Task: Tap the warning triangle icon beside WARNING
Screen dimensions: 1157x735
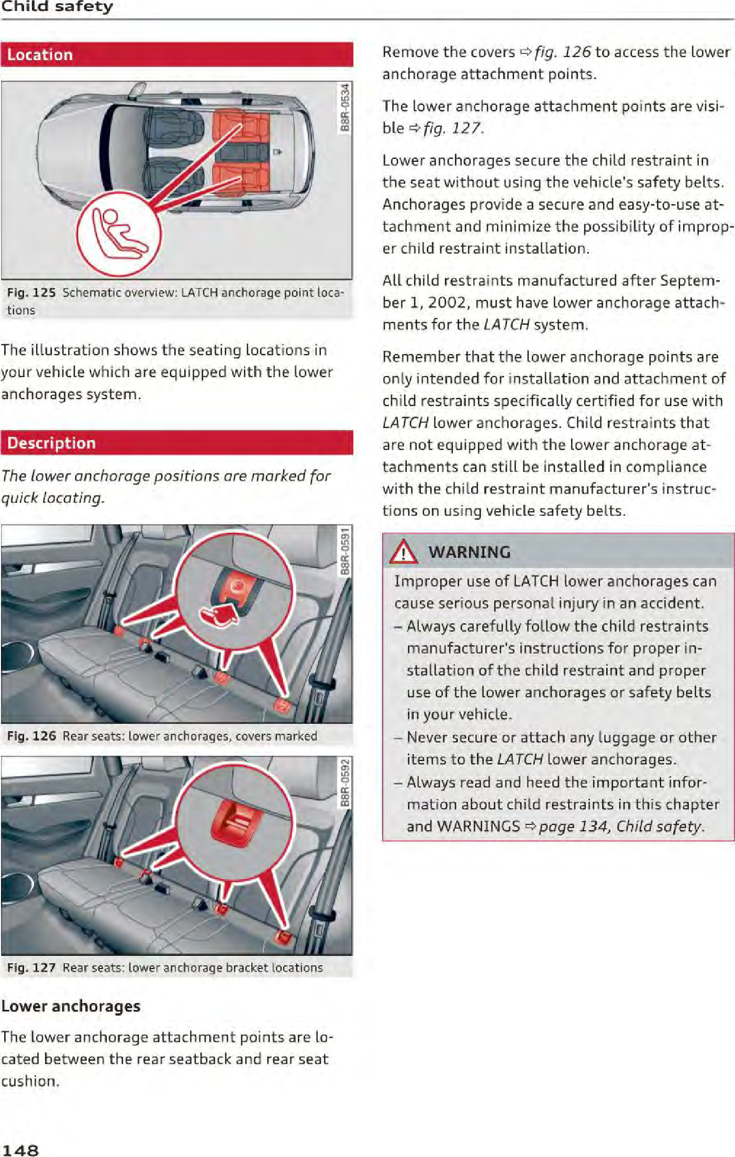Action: pos(403,553)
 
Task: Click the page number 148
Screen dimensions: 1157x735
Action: pos(20,1150)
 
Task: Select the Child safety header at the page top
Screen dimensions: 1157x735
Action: pos(57,7)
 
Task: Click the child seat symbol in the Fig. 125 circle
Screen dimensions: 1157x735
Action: pos(119,234)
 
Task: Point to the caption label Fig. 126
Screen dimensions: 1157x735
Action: pos(31,736)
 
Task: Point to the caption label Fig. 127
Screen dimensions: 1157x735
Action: pos(31,967)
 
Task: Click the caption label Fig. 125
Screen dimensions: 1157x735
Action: pos(31,293)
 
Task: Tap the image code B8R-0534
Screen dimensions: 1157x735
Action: pos(344,107)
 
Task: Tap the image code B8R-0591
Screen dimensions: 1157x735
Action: pos(344,551)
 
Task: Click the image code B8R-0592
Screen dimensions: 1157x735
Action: pos(344,783)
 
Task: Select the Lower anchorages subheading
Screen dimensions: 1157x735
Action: pos(71,1006)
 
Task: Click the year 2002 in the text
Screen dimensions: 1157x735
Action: pos(447,303)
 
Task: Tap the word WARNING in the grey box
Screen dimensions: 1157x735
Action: pos(469,552)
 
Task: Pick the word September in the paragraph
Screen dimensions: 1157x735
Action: pos(689,281)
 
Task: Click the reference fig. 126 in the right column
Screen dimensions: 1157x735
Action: pos(562,52)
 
